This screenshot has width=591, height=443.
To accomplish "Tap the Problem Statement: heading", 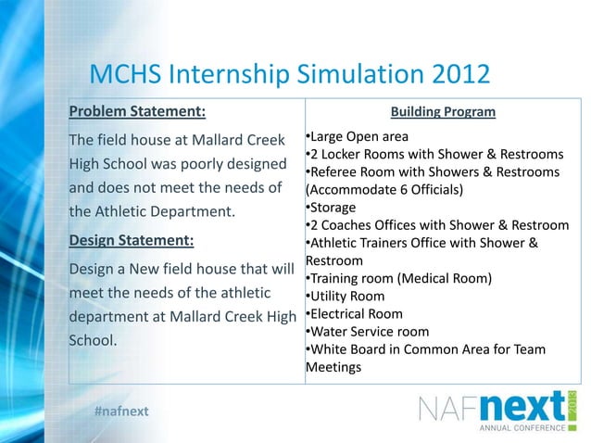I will (137, 113).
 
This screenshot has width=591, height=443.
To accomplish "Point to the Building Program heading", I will (443, 113).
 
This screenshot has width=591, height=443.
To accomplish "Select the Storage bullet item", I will (331, 208).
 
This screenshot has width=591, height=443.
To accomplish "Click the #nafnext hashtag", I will (120, 411).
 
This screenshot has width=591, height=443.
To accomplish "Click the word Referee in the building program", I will (334, 173).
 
